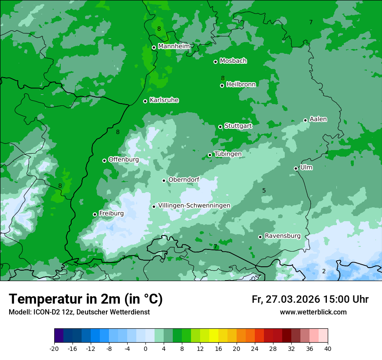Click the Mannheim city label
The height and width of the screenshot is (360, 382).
[x=174, y=46]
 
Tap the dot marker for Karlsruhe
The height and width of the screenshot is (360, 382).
[x=145, y=101]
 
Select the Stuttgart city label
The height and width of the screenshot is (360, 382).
[x=238, y=126]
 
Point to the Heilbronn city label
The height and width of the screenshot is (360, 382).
[x=241, y=84]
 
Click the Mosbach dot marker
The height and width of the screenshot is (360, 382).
[x=215, y=62]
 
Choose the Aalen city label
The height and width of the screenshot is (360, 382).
[x=318, y=119]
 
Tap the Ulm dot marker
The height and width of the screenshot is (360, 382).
[x=296, y=168]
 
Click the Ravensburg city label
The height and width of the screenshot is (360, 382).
[x=283, y=236]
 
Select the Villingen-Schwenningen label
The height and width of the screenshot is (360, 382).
[x=194, y=206]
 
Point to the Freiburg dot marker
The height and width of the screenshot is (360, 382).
[x=95, y=214]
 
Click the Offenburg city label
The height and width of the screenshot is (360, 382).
[x=124, y=160]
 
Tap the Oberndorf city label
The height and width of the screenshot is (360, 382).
[x=184, y=180]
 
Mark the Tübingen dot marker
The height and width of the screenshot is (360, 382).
[x=210, y=155]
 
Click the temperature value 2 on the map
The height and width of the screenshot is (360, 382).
[x=323, y=271]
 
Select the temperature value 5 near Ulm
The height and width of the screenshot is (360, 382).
[x=264, y=190]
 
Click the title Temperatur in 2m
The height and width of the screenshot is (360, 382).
[x=86, y=299]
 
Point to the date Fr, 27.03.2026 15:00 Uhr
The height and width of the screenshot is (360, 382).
[x=310, y=299]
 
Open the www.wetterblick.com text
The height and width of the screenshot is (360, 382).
[x=313, y=312]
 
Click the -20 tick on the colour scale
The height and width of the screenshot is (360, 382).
[x=54, y=348]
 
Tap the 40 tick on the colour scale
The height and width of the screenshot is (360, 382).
[x=328, y=348]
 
